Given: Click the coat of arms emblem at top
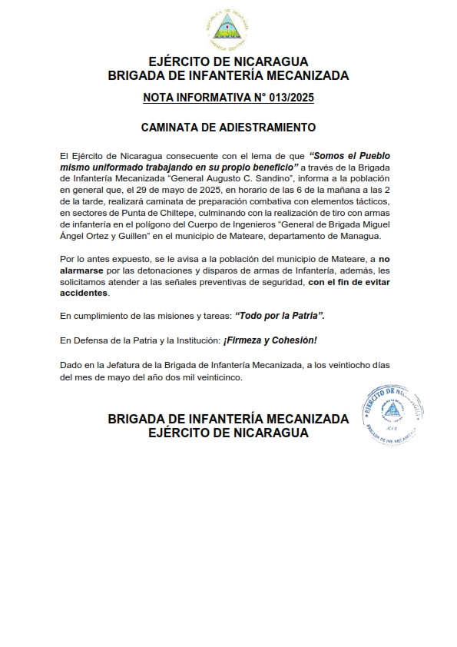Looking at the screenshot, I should click(x=227, y=30).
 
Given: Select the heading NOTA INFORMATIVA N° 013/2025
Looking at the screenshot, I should click(x=228, y=98).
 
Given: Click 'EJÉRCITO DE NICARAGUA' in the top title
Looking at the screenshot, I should click(x=228, y=61).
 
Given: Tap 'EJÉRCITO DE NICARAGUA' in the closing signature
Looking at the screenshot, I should click(x=228, y=433).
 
